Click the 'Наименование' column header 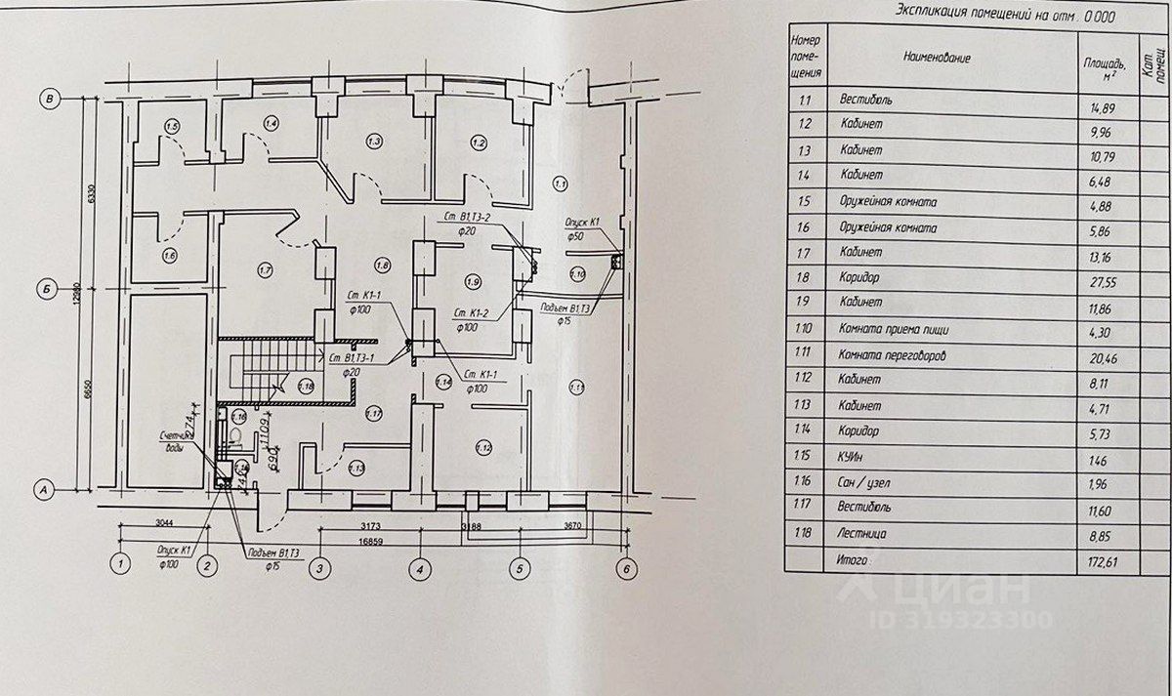pos(938,58)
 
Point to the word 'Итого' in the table pos(855,561)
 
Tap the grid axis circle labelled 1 pos(120,564)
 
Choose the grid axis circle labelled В pos(46,98)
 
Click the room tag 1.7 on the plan pos(264,268)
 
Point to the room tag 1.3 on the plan pos(373,143)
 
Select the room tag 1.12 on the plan pos(482,448)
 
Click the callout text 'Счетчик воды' pos(180,441)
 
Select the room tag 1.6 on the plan pos(170,256)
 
